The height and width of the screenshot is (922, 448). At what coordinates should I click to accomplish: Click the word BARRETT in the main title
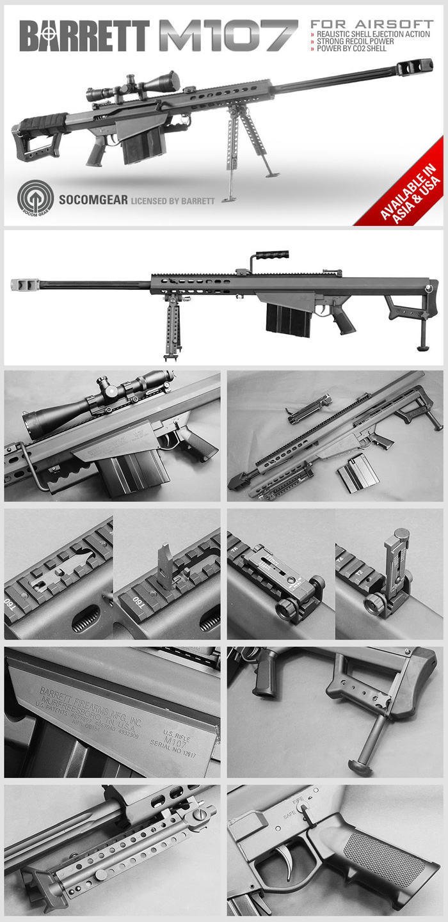84,36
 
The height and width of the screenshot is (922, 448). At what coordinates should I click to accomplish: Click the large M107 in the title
228,36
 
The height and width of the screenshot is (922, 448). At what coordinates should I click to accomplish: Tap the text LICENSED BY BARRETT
173,200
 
